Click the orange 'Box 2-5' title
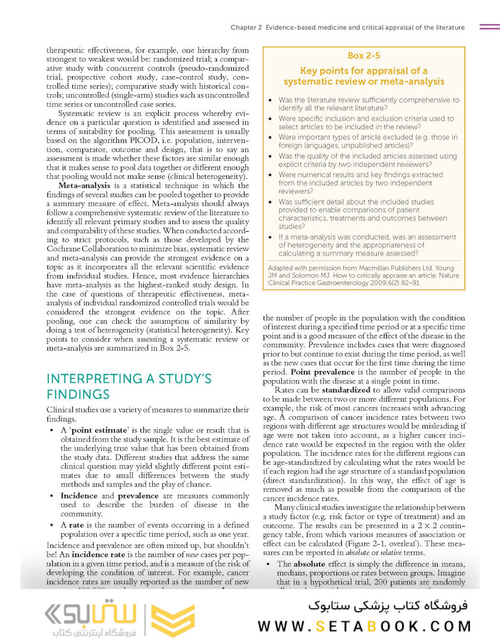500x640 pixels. (364, 56)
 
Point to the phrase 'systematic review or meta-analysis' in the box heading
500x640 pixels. (364, 82)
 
